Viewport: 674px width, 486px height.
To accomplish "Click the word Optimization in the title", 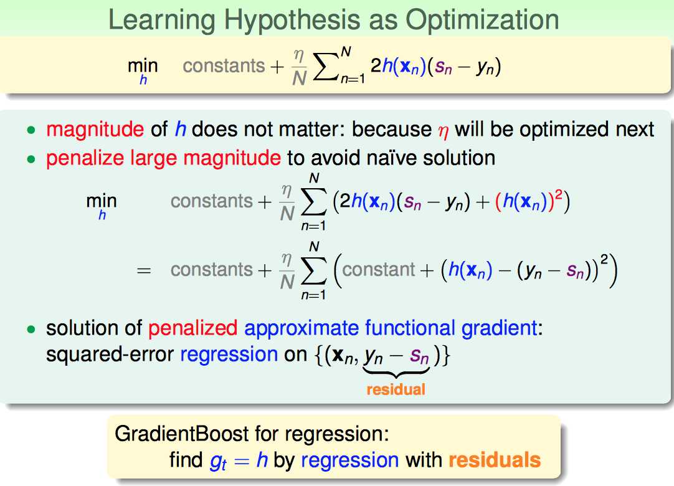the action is pyautogui.click(x=483, y=20).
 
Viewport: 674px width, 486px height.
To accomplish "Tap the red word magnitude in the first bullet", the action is pyautogui.click(x=95, y=130).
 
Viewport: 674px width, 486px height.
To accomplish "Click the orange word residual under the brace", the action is pyautogui.click(x=396, y=389).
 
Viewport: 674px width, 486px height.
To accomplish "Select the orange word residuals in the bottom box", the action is pyautogui.click(x=495, y=460).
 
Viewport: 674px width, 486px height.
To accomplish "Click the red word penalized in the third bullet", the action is pyautogui.click(x=192, y=328).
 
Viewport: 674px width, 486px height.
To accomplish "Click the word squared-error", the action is pyautogui.click(x=110, y=355).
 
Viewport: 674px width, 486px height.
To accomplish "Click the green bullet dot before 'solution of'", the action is pyautogui.click(x=31, y=330).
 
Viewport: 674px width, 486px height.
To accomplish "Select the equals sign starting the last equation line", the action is pyautogui.click(x=143, y=270).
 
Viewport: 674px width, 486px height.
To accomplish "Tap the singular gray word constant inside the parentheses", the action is pyautogui.click(x=378, y=270).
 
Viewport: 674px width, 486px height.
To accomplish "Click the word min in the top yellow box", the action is pyautogui.click(x=143, y=66).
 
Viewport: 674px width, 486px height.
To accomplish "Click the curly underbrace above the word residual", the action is pyautogui.click(x=396, y=371).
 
